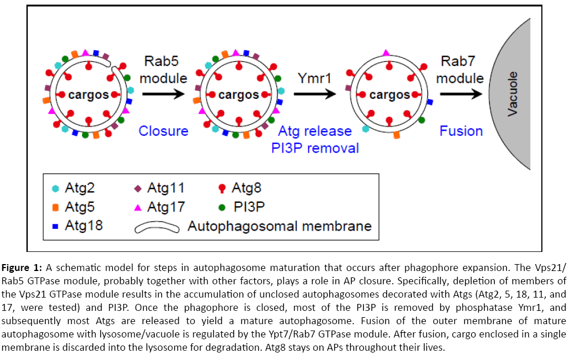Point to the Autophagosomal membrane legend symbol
tap(155, 227)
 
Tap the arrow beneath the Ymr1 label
tap(314, 95)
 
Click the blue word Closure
tap(163, 131)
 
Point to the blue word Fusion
tap(461, 131)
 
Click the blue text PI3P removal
tap(315, 148)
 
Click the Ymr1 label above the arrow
tap(314, 77)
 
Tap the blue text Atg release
tap(315, 131)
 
